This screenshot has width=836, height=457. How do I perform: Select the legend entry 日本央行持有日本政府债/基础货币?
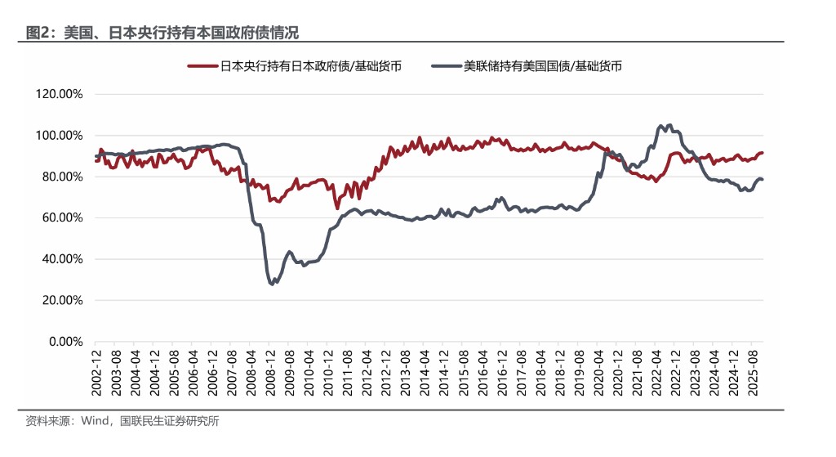point(311,66)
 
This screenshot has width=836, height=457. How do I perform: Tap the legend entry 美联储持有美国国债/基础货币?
point(544,66)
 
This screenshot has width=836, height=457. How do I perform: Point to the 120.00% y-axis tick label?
point(60,94)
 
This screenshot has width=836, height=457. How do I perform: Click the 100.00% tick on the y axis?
point(60,135)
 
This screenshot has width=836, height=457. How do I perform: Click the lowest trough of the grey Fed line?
point(271,284)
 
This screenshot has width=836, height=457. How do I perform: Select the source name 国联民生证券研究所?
point(170,422)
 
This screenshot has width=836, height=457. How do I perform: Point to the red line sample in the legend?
point(202,66)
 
